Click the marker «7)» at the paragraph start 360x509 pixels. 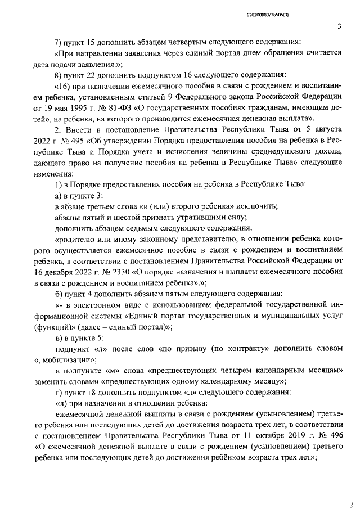point(60,43)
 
